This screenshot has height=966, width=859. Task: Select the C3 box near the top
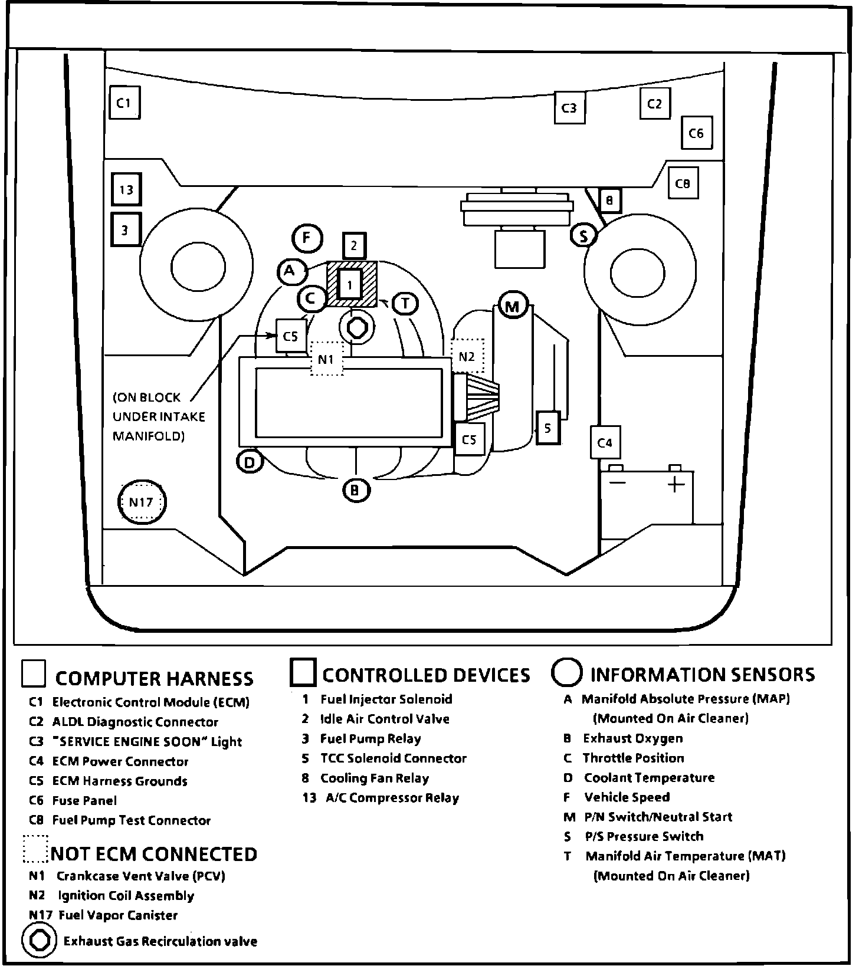569,108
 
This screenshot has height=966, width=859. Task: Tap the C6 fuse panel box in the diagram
696,133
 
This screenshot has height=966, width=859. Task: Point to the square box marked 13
126,189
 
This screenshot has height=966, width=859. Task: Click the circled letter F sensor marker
307,238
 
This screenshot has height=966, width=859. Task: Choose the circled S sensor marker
584,236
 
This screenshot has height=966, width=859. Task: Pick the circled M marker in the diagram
512,306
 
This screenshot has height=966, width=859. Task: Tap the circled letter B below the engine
356,489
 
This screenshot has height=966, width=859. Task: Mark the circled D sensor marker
250,462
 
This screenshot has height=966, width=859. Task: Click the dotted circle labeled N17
142,502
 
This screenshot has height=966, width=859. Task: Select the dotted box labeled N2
467,356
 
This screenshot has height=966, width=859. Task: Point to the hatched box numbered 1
351,285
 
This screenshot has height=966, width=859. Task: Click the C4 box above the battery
605,442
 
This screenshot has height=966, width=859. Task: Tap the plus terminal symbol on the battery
676,484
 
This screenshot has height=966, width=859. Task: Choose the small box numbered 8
609,201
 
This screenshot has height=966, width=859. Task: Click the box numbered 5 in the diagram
548,428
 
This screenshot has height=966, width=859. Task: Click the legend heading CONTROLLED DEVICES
426,675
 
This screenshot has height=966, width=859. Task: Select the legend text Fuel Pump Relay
371,739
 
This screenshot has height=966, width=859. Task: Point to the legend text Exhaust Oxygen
633,738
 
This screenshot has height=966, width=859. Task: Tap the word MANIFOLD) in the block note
148,436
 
